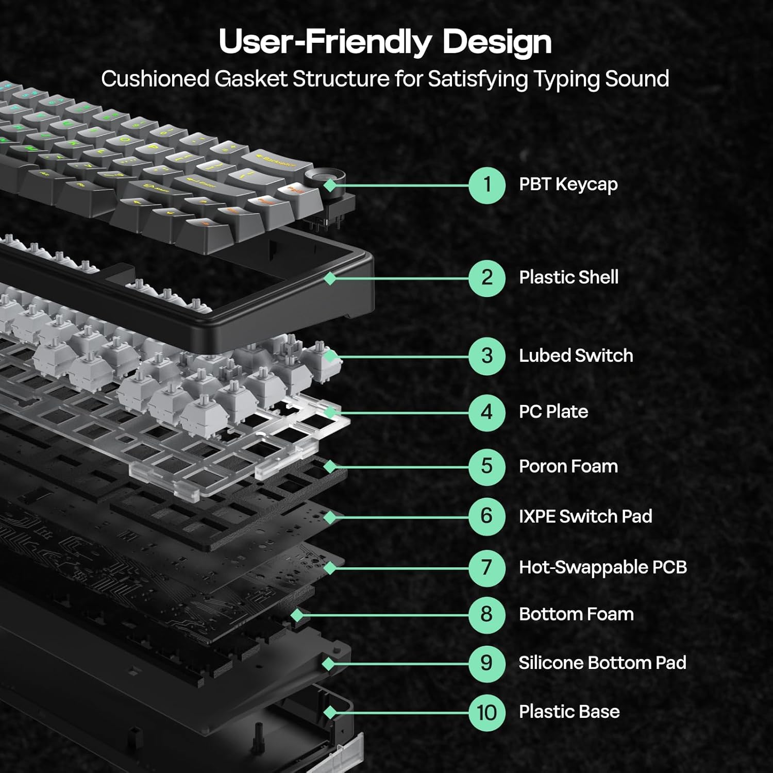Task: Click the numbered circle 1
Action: [486, 185]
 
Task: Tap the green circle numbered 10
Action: [486, 713]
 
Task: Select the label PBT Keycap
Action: [568, 184]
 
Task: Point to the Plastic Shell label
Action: [568, 277]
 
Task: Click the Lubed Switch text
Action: [576, 356]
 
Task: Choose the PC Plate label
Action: [553, 412]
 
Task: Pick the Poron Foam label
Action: [568, 466]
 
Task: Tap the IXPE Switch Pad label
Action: [585, 516]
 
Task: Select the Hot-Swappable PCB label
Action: [602, 567]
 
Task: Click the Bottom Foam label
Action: [576, 614]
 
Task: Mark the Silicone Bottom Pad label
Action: [602, 663]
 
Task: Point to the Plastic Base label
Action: [569, 712]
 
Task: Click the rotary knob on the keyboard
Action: [318, 180]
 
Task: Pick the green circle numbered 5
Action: [486, 467]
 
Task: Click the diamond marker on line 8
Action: [297, 615]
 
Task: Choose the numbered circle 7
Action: [486, 568]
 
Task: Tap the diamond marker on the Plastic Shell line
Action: [330, 278]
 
